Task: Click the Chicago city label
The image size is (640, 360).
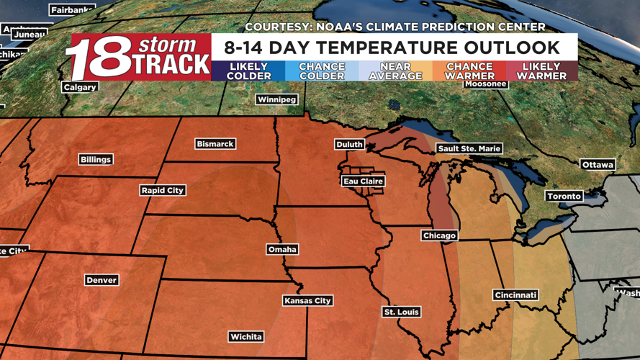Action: [x=439, y=235]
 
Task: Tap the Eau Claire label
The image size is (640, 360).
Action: [x=363, y=181]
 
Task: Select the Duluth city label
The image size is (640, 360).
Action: [x=349, y=145]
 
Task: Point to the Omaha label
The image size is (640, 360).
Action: [x=281, y=249]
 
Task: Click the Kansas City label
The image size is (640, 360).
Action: [x=307, y=300]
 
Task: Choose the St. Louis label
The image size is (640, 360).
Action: [x=401, y=312]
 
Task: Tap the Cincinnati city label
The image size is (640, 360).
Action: [x=515, y=295]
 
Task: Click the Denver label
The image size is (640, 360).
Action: [x=101, y=280]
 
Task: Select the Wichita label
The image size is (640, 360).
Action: [x=245, y=336]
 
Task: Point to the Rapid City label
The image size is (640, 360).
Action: [x=163, y=190]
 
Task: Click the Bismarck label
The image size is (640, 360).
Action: [x=215, y=144]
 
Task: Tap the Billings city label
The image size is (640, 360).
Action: [x=96, y=159]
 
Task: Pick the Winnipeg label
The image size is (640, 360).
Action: [x=276, y=99]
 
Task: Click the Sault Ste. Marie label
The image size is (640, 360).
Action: [x=469, y=148]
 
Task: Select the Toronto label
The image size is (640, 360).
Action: [x=564, y=196]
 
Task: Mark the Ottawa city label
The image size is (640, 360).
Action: [x=598, y=165]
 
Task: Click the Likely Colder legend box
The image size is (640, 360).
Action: [x=248, y=71]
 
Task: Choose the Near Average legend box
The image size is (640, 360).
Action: [x=395, y=71]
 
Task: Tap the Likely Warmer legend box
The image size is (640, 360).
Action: [x=541, y=71]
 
